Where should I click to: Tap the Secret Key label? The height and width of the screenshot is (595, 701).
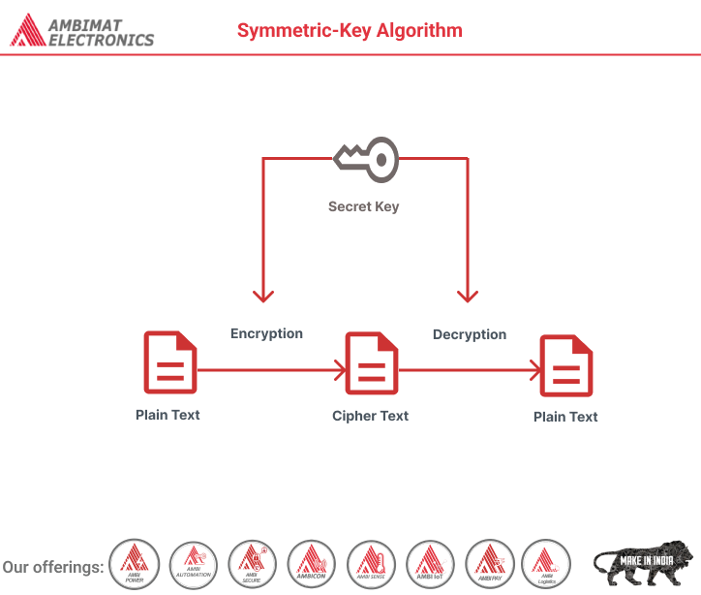point(363,206)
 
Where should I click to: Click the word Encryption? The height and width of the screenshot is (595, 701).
point(266,333)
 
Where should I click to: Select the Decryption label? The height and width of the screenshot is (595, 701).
point(470,334)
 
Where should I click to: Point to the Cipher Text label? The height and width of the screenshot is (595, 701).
point(370,416)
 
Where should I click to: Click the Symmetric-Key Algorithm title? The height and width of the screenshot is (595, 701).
point(350,30)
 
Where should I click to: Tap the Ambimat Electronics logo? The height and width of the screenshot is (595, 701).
point(82,30)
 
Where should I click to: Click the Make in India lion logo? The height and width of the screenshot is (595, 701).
point(642,563)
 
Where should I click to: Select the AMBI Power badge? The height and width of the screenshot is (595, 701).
point(135,564)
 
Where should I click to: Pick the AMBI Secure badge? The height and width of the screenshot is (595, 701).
point(253,564)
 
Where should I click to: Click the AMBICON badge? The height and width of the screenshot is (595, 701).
point(312,564)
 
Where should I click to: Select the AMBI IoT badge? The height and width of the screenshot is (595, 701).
point(430,564)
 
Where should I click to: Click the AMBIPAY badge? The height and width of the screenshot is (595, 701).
point(489,564)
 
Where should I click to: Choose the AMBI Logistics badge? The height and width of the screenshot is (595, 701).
point(545,564)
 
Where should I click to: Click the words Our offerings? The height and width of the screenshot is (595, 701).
point(53,566)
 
